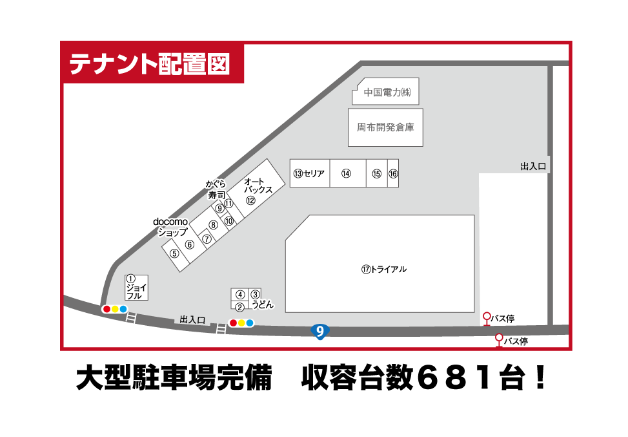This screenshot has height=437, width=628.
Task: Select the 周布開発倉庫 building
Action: pos(385,127)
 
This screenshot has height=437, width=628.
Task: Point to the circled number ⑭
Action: pos(346,173)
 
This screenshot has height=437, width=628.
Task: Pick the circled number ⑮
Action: pos(377,173)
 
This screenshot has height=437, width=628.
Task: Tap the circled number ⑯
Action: pos(393,173)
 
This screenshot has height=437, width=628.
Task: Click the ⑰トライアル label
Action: pos(384,269)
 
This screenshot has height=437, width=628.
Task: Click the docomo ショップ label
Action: pos(170,227)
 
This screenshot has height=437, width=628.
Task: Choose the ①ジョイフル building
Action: pos(136,286)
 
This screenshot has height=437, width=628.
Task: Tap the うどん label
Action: pos(263,303)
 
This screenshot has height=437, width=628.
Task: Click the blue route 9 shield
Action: pos(319,331)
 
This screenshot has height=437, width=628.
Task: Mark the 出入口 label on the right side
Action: pos(533,167)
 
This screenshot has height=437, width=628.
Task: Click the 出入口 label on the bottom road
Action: pos(192,319)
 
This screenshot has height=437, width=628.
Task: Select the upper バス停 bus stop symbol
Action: pos(487,318)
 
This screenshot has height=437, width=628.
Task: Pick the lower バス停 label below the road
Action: pos(516,341)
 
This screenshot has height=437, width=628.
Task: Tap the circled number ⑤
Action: pos(174,253)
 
